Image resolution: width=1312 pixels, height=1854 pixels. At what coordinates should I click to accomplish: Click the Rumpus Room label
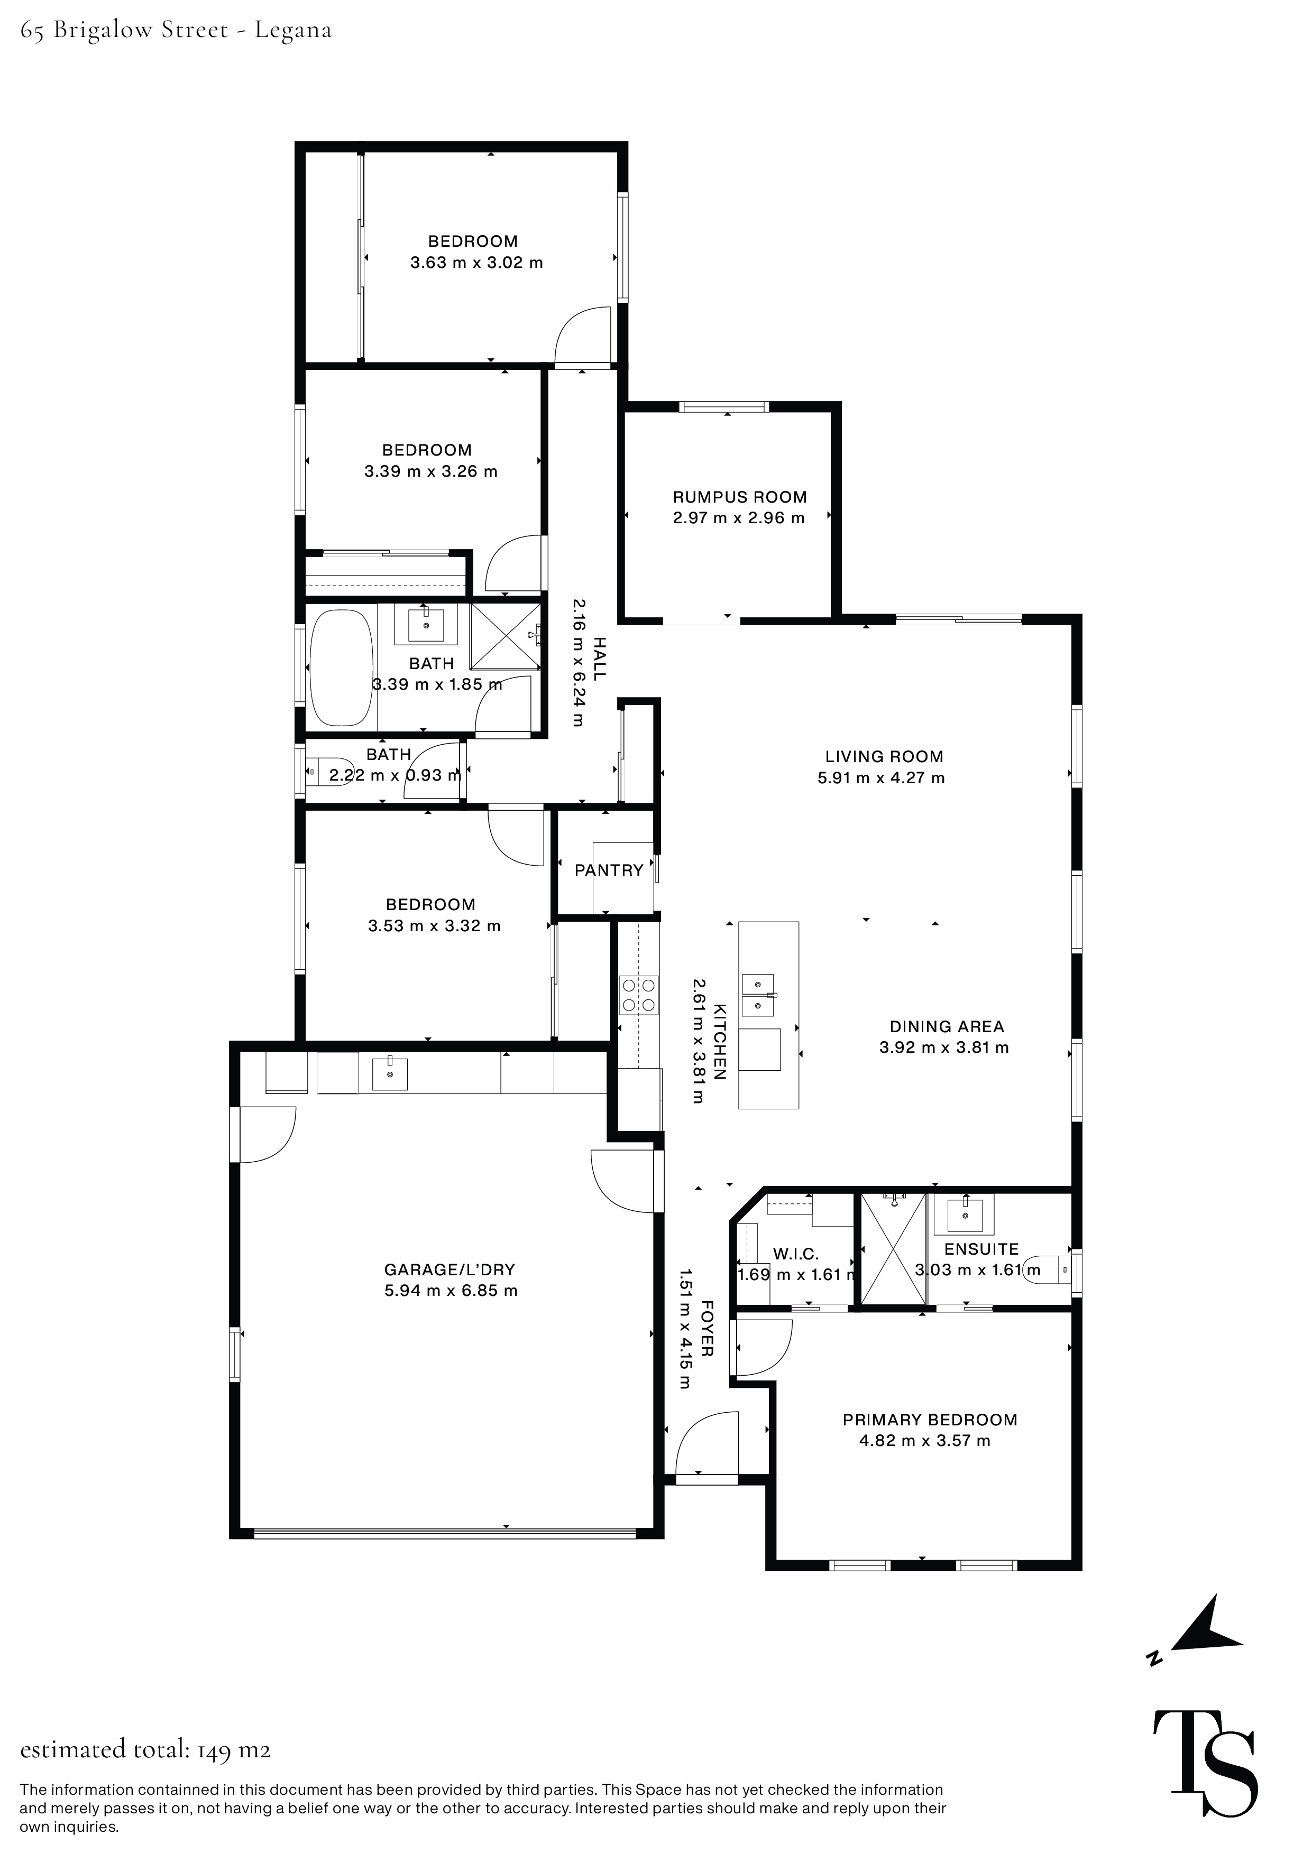[x=739, y=497]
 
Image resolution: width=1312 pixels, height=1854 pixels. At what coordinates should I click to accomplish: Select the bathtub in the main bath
[x=341, y=668]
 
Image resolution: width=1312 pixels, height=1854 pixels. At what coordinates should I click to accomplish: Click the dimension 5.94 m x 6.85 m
[x=451, y=1291]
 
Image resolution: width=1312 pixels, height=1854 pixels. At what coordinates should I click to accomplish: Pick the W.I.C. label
[x=796, y=1254]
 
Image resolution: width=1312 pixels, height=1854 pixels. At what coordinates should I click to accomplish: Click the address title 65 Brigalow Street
[x=176, y=31]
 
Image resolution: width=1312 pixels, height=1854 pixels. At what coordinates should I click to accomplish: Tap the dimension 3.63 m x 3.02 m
[x=476, y=263]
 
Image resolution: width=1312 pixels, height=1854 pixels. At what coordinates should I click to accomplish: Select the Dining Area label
[x=946, y=1026]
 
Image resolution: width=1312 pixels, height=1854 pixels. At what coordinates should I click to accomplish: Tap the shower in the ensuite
[x=893, y=1248]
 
